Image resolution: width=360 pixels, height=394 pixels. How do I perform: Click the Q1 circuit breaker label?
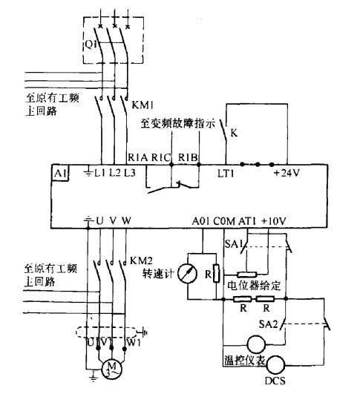pos(88,43)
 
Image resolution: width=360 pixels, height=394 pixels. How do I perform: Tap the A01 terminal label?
pos(201,220)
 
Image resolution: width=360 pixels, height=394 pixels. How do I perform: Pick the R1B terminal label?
pos(189,157)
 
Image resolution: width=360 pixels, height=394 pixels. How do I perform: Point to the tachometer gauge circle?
pos(192,273)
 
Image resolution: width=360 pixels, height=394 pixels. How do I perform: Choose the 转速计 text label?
pos(157,274)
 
